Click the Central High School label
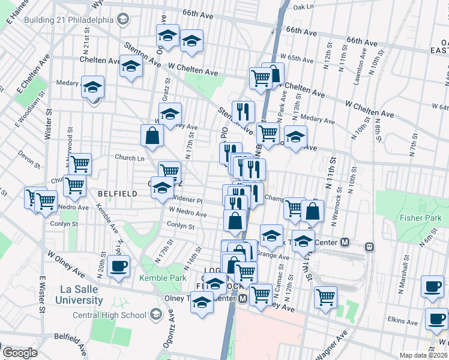click(x=109, y=315)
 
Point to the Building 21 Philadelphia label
click(x=69, y=19)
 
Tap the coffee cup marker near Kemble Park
click(x=118, y=266)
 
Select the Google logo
click(x=19, y=353)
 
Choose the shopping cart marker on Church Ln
click(x=80, y=163)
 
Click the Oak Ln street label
click(x=304, y=7)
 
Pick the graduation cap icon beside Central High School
click(x=156, y=314)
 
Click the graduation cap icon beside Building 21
click(x=124, y=19)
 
